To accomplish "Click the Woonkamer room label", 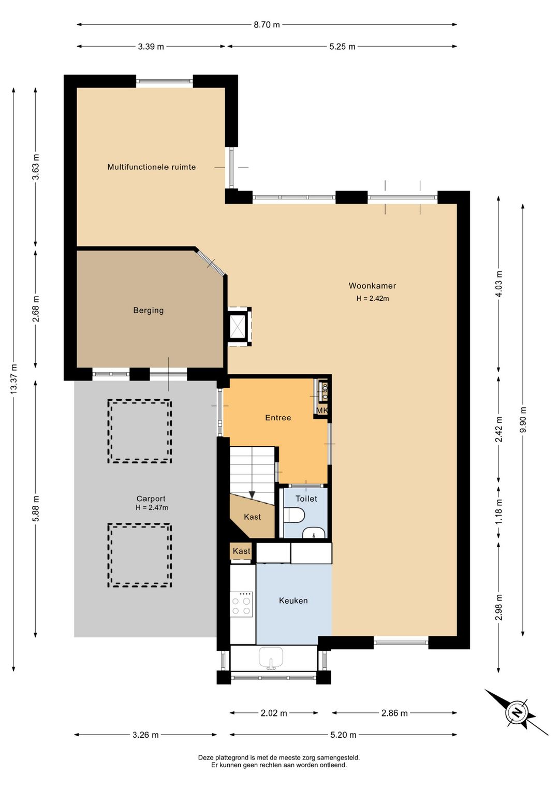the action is point(372,286).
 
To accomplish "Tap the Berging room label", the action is point(149,311).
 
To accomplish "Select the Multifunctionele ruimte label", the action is point(151,167).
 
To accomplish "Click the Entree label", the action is point(278,418).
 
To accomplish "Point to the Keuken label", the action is point(293,600).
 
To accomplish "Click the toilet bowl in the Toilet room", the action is point(293,515).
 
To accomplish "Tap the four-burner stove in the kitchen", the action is point(242,604).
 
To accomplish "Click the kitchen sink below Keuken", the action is point(271,657).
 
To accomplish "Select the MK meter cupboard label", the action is point(321,411).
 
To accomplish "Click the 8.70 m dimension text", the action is point(267,24).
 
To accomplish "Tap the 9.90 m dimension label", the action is point(523,420).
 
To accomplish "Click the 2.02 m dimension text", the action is point(274,713).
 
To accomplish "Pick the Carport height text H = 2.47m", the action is point(152,507).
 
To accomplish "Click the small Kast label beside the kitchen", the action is point(242,551).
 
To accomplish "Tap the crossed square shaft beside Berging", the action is point(237,327).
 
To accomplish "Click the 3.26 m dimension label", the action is point(145,735).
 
